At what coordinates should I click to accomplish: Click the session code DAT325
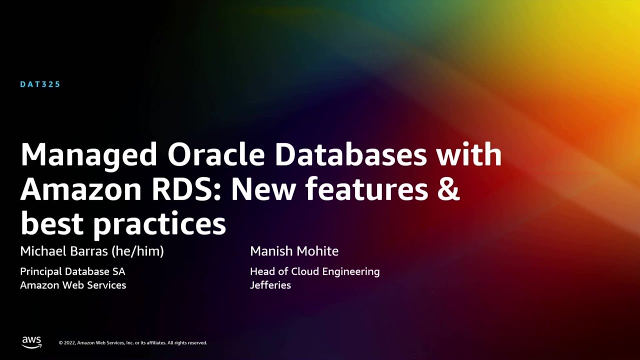(x=40, y=84)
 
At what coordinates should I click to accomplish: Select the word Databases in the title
(x=350, y=155)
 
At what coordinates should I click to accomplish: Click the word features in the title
(x=366, y=189)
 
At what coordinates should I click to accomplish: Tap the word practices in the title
(x=160, y=224)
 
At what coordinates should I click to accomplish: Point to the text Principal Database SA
(x=72, y=271)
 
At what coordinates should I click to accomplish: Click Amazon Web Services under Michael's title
(x=73, y=285)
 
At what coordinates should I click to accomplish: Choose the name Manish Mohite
(x=294, y=251)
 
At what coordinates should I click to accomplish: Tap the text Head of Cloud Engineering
(x=314, y=271)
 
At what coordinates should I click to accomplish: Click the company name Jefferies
(x=270, y=285)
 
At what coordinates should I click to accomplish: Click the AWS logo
(x=31, y=342)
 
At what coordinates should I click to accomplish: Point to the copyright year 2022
(x=70, y=343)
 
